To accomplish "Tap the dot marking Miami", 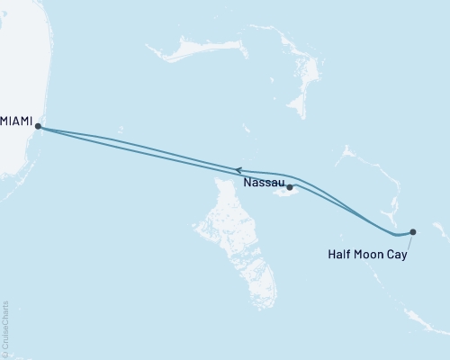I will tap(38, 127).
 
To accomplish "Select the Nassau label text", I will tap(263, 183).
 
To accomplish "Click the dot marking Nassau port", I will tap(290, 187).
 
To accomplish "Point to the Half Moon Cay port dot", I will tap(412, 231).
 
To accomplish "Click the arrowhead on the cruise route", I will tap(238, 169).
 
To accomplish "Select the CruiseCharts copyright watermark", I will tap(6, 329).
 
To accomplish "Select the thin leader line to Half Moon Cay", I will tap(408, 240).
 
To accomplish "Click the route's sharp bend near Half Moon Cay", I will tap(397, 235).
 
